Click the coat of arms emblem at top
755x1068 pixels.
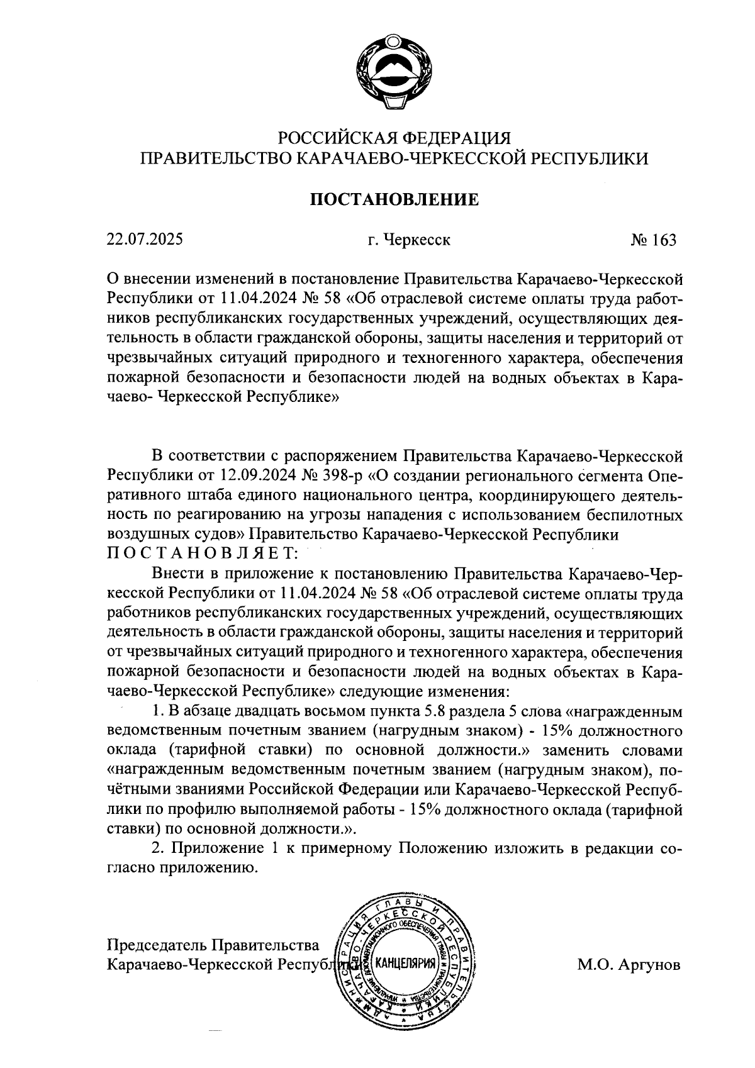[x=393, y=72]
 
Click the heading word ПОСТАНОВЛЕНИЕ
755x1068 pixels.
[x=394, y=200]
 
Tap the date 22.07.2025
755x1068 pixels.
[x=145, y=240]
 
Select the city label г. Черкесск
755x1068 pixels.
[x=409, y=240]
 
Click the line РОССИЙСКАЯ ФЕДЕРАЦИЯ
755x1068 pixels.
[x=394, y=138]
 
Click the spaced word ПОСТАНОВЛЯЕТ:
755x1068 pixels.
[x=200, y=553]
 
